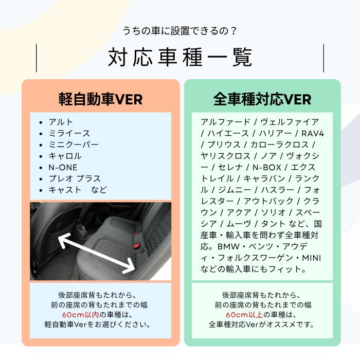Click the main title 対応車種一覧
coord(179,58)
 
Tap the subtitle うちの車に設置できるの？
coord(179,31)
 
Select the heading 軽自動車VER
coord(100,98)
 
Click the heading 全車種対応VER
coord(262,98)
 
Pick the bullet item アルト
coord(61,122)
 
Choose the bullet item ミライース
coord(69,134)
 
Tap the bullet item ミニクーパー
coord(74,145)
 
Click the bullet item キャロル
coord(65,156)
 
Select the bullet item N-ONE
coord(63,167)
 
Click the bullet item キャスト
coord(65,190)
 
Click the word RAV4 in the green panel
coord(312,133)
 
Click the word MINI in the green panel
coord(311,258)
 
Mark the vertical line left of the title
coord(37,58)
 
